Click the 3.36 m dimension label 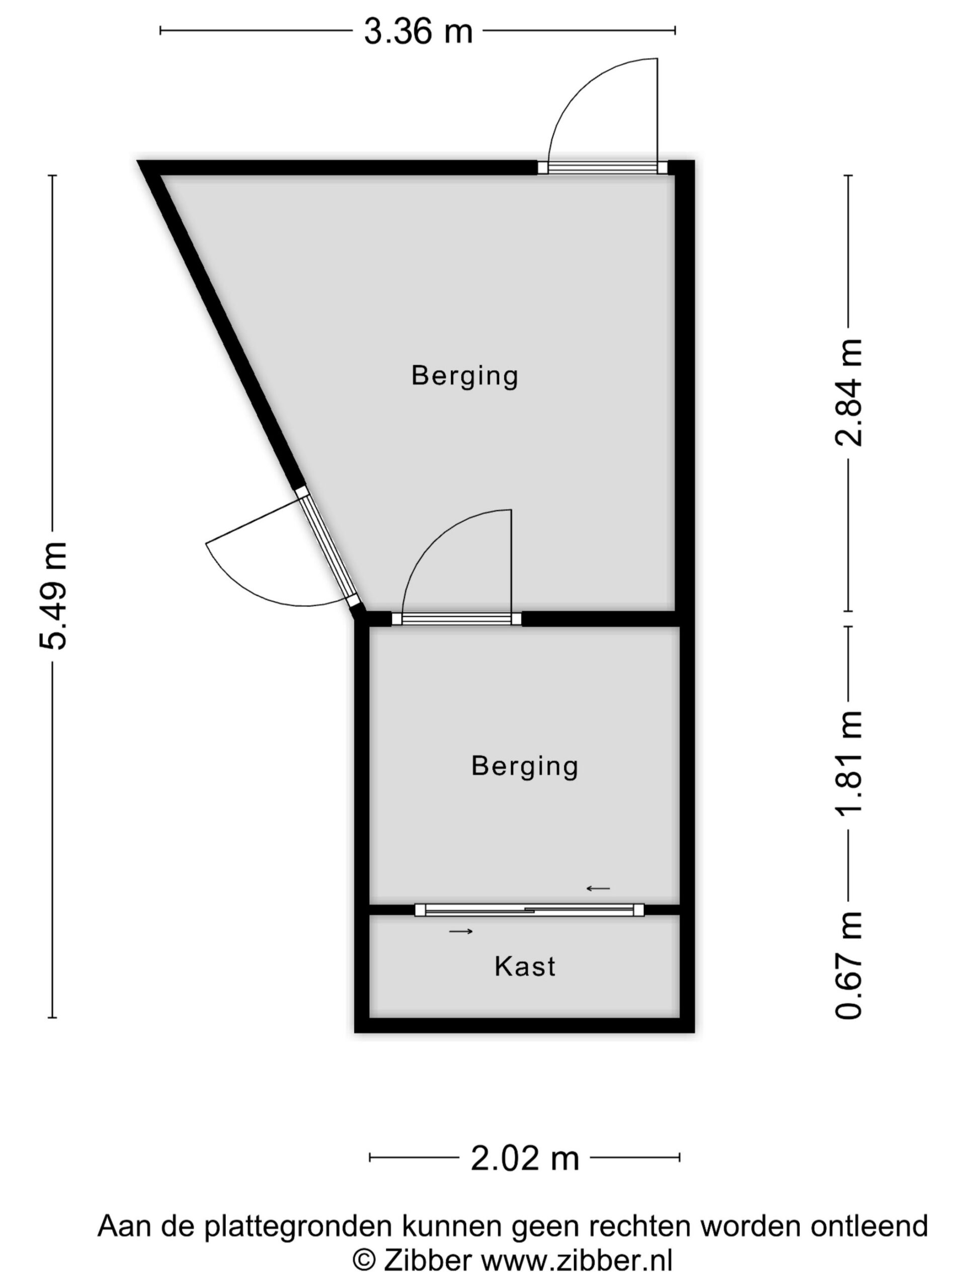(x=418, y=31)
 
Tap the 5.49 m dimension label (x=53, y=595)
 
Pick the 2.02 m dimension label (x=525, y=1158)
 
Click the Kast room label (x=525, y=967)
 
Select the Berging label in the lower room (x=525, y=766)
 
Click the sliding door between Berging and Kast (x=529, y=910)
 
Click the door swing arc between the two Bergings (x=431, y=539)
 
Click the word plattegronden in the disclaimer (x=297, y=1226)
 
